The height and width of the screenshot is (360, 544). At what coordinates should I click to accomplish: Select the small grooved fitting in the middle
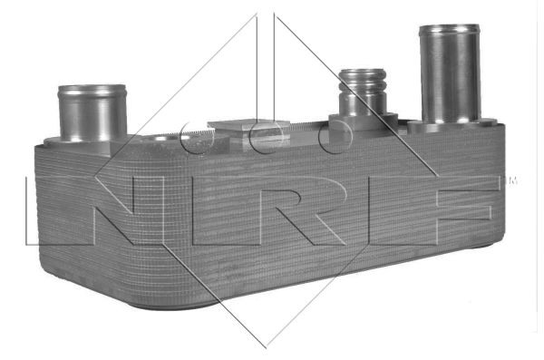pyautogui.click(x=363, y=91)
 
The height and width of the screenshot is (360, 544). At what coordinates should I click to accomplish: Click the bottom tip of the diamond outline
pyautogui.click(x=266, y=345)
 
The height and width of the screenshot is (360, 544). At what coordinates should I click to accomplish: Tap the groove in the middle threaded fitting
pyautogui.click(x=363, y=91)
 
